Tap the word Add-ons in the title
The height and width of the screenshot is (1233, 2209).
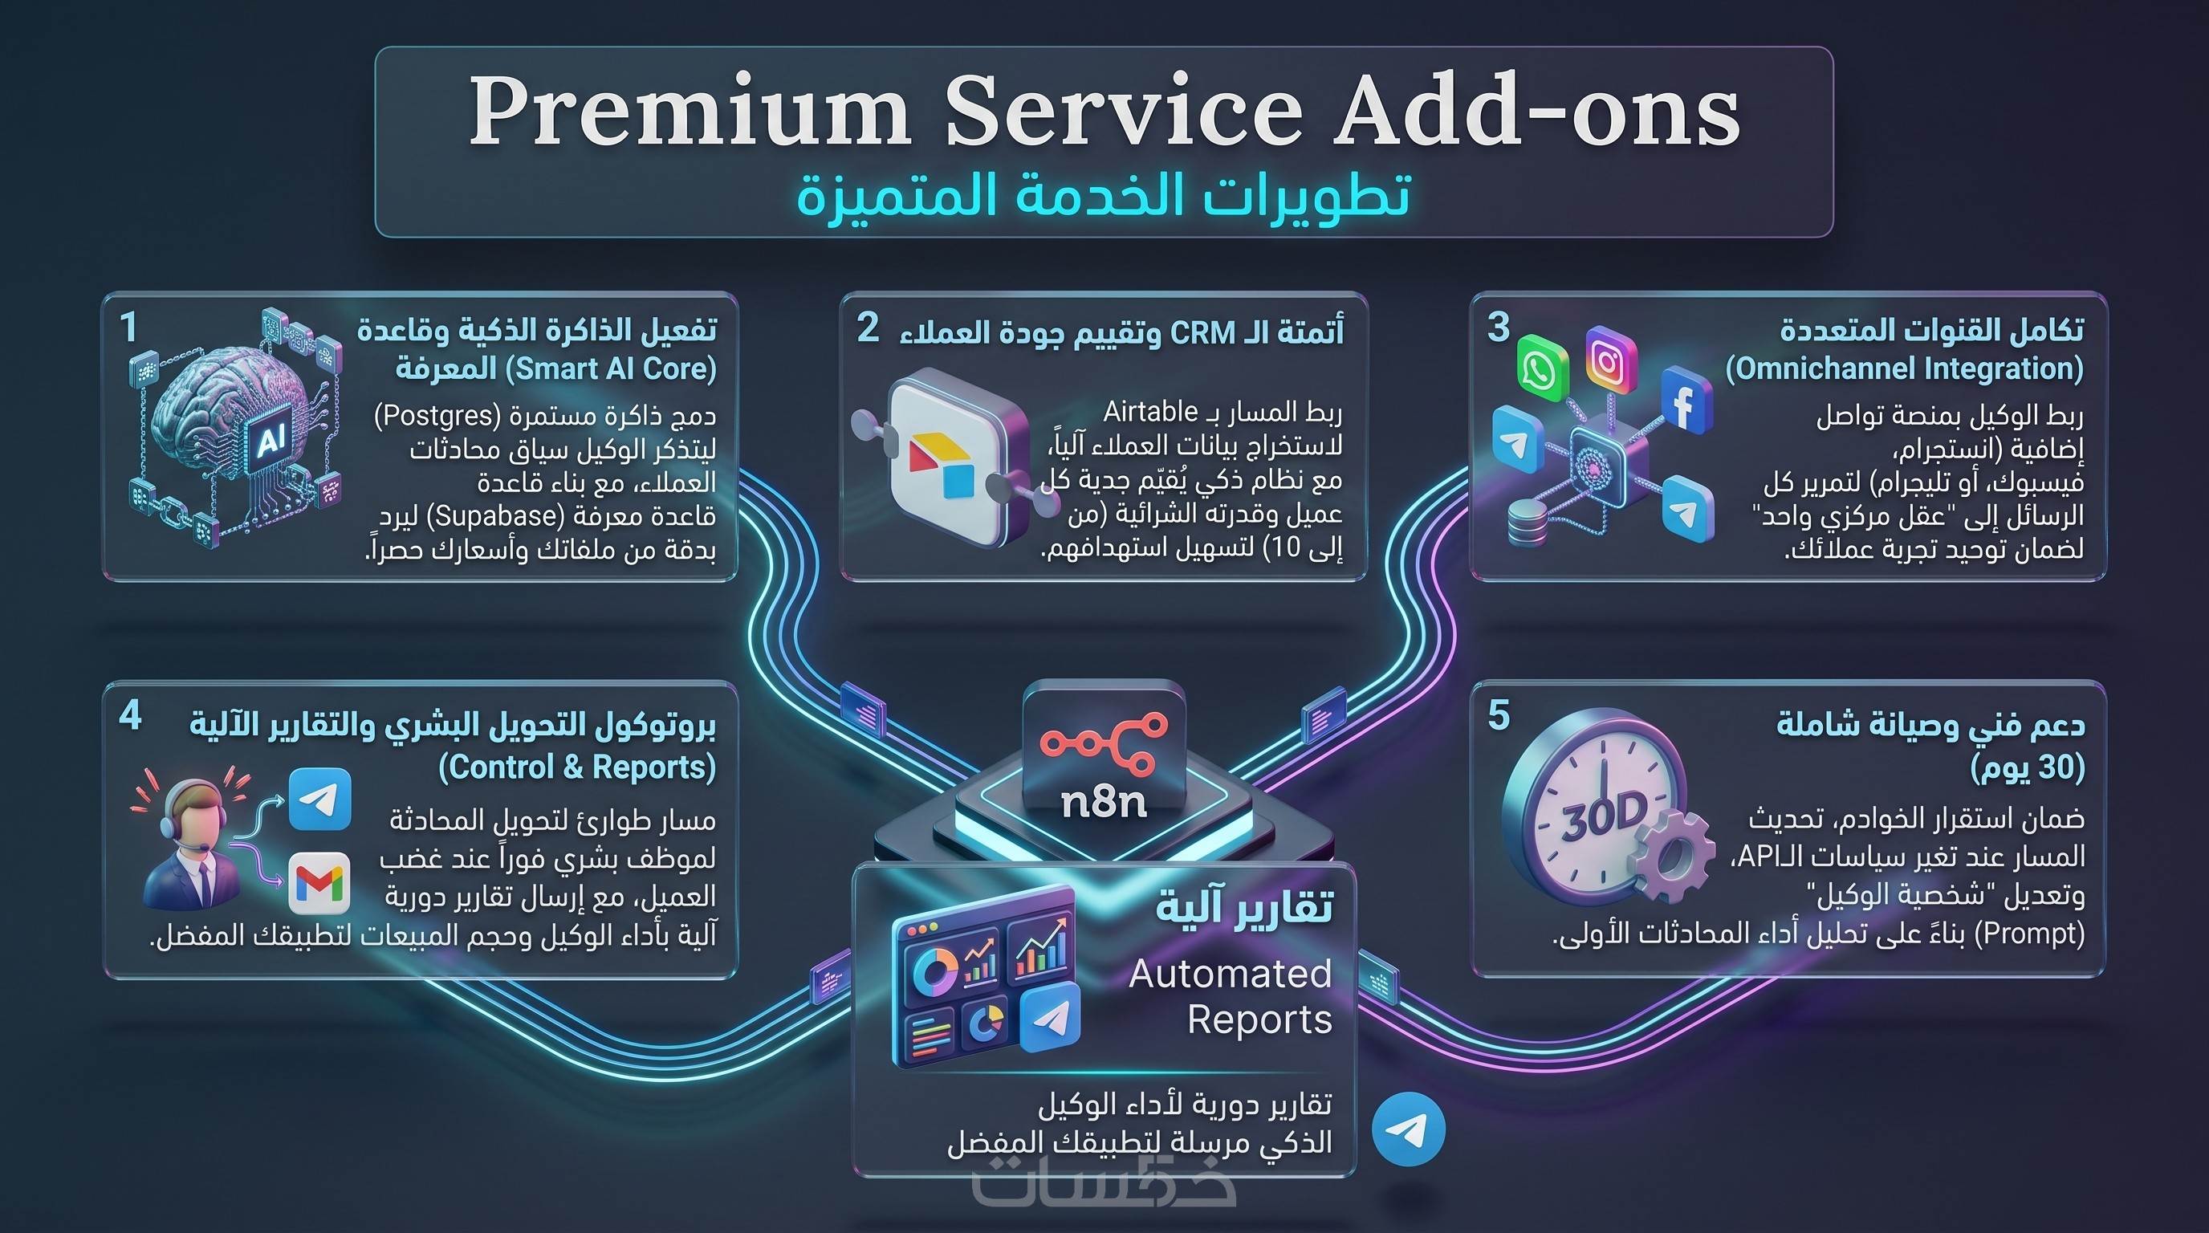1536,112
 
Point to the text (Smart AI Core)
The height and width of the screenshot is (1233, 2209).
611,368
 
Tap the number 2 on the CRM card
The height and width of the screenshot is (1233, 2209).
868,328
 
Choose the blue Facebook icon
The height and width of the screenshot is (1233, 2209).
1686,401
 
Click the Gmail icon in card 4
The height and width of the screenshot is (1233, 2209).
319,882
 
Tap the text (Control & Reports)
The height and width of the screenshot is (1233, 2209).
577,767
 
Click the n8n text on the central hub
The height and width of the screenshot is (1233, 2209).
1104,802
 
